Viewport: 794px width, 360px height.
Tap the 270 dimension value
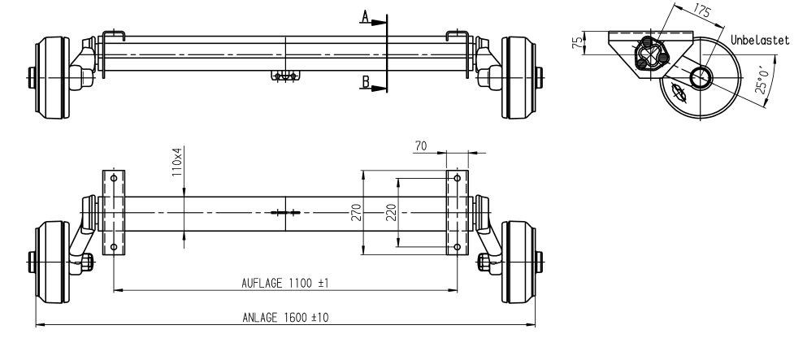click(x=354, y=212)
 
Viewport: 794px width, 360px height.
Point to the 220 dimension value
click(x=390, y=212)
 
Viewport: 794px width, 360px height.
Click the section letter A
click(x=366, y=15)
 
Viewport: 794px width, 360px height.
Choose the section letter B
click(x=366, y=81)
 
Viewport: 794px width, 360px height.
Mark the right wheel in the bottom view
click(x=518, y=262)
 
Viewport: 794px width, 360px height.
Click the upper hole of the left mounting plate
click(x=113, y=178)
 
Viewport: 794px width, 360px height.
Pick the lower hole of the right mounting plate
click(x=458, y=246)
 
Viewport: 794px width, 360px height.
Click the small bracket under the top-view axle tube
click(x=285, y=76)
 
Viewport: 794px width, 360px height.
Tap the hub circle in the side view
click(x=701, y=79)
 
